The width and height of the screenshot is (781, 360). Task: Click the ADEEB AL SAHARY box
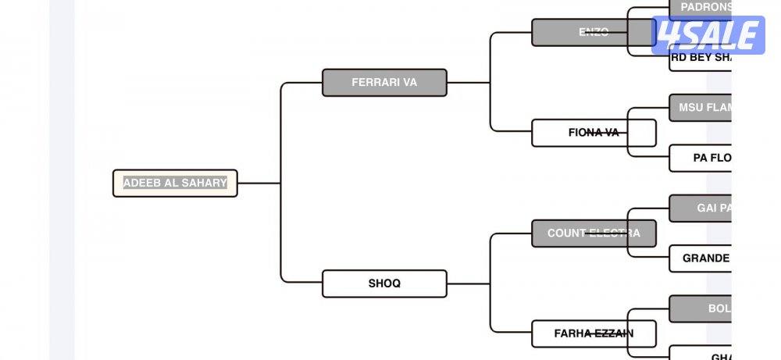(x=175, y=184)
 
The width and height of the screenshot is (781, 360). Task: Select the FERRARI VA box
(x=384, y=83)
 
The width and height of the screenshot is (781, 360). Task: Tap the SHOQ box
(x=384, y=283)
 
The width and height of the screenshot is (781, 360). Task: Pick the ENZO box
(x=593, y=33)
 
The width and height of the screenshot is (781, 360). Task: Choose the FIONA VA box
(x=593, y=133)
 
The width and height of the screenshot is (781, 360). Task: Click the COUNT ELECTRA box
(x=593, y=233)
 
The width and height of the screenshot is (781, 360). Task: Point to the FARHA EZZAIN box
(x=593, y=333)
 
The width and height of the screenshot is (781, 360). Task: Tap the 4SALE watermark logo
(x=708, y=36)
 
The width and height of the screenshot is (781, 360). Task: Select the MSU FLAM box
(x=701, y=108)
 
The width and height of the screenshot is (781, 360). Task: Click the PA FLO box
(x=701, y=158)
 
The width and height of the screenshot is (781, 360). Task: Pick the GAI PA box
(x=701, y=209)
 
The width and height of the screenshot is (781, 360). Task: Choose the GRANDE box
(x=701, y=258)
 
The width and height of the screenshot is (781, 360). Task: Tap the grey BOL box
(x=701, y=308)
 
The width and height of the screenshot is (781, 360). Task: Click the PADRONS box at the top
(x=701, y=8)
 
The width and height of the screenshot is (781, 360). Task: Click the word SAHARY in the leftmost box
(x=203, y=184)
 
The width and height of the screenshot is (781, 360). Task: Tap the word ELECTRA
(x=614, y=233)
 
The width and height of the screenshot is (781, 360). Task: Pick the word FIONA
(x=583, y=133)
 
